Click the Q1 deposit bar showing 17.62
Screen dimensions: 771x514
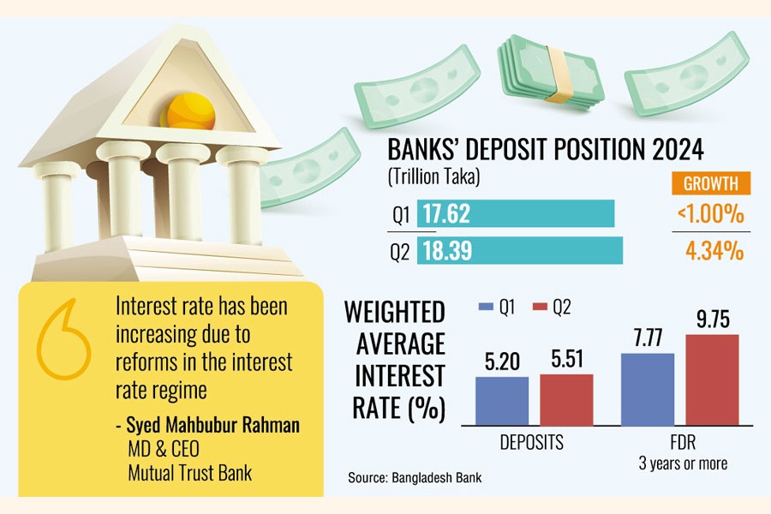pos(516,213)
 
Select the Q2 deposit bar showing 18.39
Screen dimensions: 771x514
pos(520,250)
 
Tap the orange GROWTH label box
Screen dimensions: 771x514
pos(710,183)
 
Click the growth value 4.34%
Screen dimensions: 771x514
pos(714,250)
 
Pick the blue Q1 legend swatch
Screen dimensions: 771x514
pos(486,307)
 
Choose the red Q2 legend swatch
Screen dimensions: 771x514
pos(540,307)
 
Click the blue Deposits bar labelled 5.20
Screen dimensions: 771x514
pos(502,401)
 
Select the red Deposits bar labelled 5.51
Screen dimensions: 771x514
pos(566,399)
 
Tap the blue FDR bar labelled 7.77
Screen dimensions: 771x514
pos(648,389)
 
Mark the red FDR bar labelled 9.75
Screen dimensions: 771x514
pos(712,380)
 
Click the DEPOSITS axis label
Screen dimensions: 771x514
pos(531,442)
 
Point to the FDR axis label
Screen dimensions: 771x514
pos(683,442)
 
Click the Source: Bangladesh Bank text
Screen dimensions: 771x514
pos(415,478)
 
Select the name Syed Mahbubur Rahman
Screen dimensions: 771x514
pos(213,425)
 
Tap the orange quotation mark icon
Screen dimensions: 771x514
pos(63,339)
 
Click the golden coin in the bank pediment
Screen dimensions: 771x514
pos(190,111)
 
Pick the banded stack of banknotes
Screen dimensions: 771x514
pos(551,72)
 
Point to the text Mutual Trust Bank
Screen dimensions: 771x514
pos(190,473)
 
